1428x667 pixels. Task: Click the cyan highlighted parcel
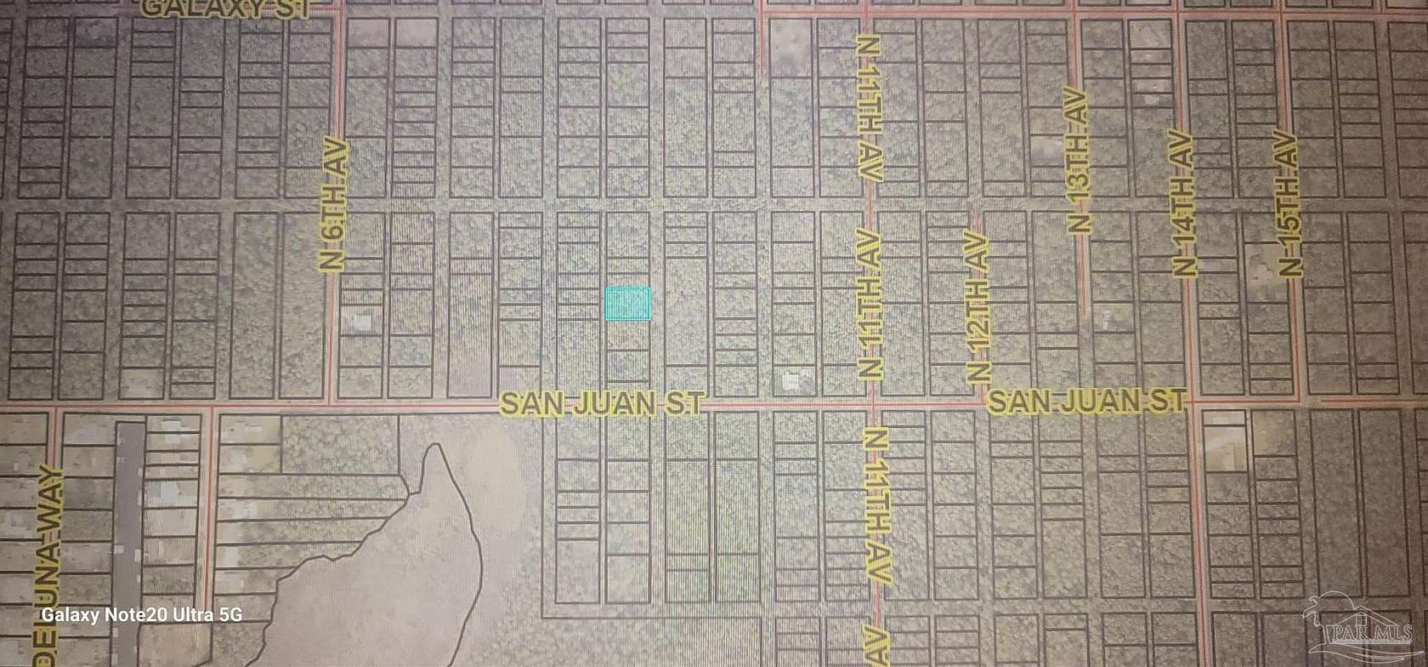coord(627,304)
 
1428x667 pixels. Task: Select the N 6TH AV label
coord(335,203)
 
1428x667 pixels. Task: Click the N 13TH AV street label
coord(1078,159)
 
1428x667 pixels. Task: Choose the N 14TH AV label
coord(1185,204)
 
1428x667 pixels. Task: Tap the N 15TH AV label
coord(1290,203)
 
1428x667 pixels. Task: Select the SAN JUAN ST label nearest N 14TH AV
coord(1086,401)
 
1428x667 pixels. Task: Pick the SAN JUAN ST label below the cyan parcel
coord(602,402)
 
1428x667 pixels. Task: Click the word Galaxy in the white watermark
coord(72,615)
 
